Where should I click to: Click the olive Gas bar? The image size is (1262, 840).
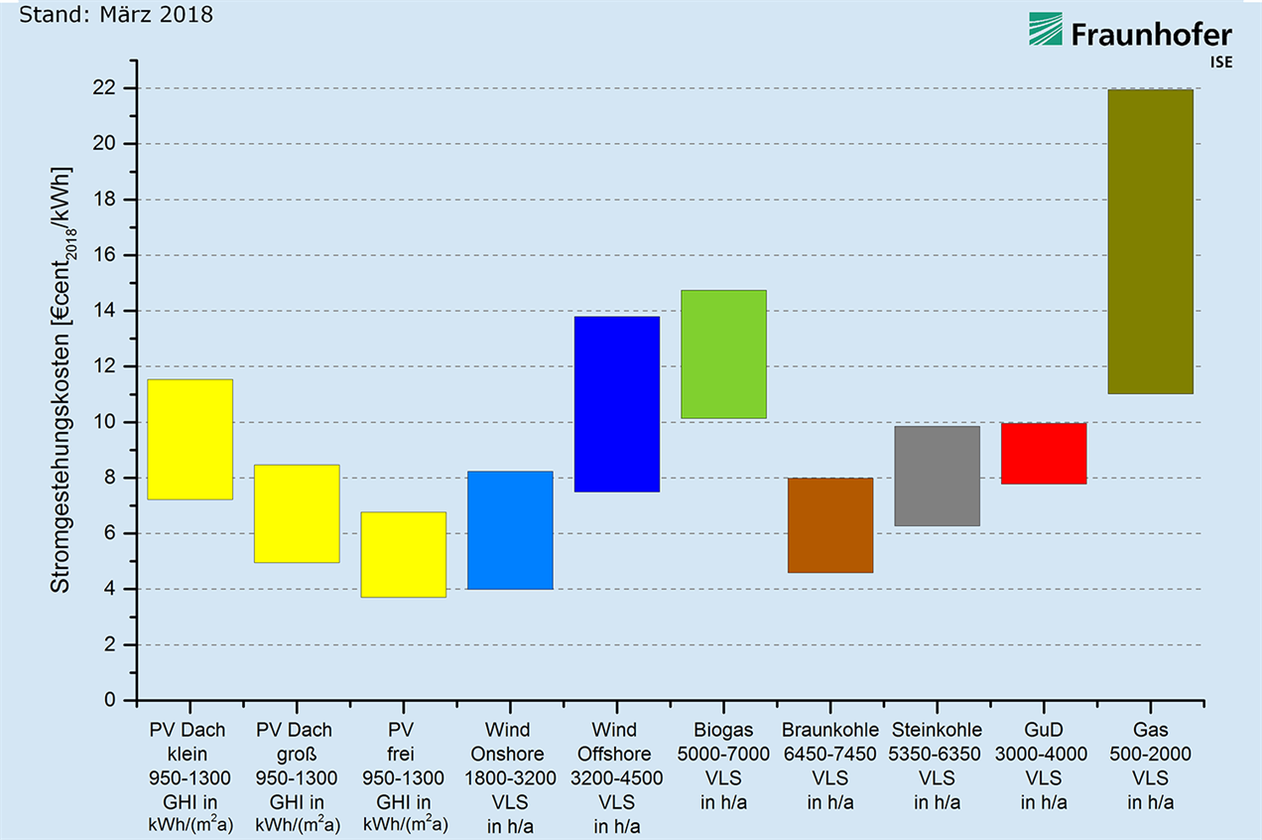coord(1150,241)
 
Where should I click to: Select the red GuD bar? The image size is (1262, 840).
coord(1044,453)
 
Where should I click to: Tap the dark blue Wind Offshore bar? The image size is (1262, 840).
coord(617,404)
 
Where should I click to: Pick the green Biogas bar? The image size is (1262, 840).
coord(723,354)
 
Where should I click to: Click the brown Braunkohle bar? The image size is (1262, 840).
coord(830,525)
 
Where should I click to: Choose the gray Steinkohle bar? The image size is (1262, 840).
coord(937,476)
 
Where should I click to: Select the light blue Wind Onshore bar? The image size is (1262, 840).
coord(510,530)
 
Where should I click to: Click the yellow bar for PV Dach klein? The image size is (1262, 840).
coord(189,439)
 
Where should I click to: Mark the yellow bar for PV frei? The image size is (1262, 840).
coord(404,554)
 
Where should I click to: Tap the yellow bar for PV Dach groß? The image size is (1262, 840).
coord(297,513)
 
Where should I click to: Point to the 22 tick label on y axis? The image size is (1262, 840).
coord(104,88)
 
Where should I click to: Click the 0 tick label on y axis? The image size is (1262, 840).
coord(109,700)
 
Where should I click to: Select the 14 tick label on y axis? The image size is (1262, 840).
coord(104,311)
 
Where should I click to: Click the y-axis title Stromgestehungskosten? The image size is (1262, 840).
coord(61,380)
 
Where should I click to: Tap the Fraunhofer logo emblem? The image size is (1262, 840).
coord(1046,29)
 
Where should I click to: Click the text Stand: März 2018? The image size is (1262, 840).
coord(116,15)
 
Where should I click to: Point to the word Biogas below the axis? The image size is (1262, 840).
coord(723,731)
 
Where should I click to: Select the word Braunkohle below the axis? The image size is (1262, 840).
coord(829,730)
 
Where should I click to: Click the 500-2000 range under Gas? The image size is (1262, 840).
coord(1151,754)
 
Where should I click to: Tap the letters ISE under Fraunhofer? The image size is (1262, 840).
coord(1221,62)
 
